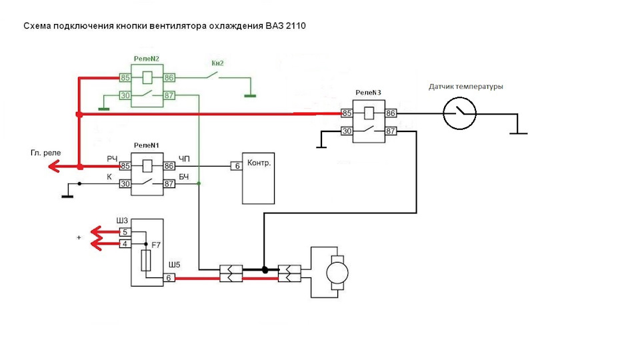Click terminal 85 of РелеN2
[125, 77]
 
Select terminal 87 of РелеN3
[391, 131]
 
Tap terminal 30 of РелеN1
[125, 184]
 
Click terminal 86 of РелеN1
[169, 166]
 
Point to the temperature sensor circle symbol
[459, 113]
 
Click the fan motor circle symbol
[337, 273]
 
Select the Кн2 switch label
[217, 63]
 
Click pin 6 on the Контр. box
[237, 166]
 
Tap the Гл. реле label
[46, 153]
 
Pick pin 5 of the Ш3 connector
[125, 232]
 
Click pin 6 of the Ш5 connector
[169, 278]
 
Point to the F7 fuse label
[156, 245]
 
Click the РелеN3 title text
[368, 93]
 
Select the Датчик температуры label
[466, 87]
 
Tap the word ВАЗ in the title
[275, 26]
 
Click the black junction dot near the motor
[265, 270]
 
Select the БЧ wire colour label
[184, 177]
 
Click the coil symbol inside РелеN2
[147, 77]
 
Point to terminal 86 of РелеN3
[391, 113]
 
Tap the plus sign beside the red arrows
[79, 237]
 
